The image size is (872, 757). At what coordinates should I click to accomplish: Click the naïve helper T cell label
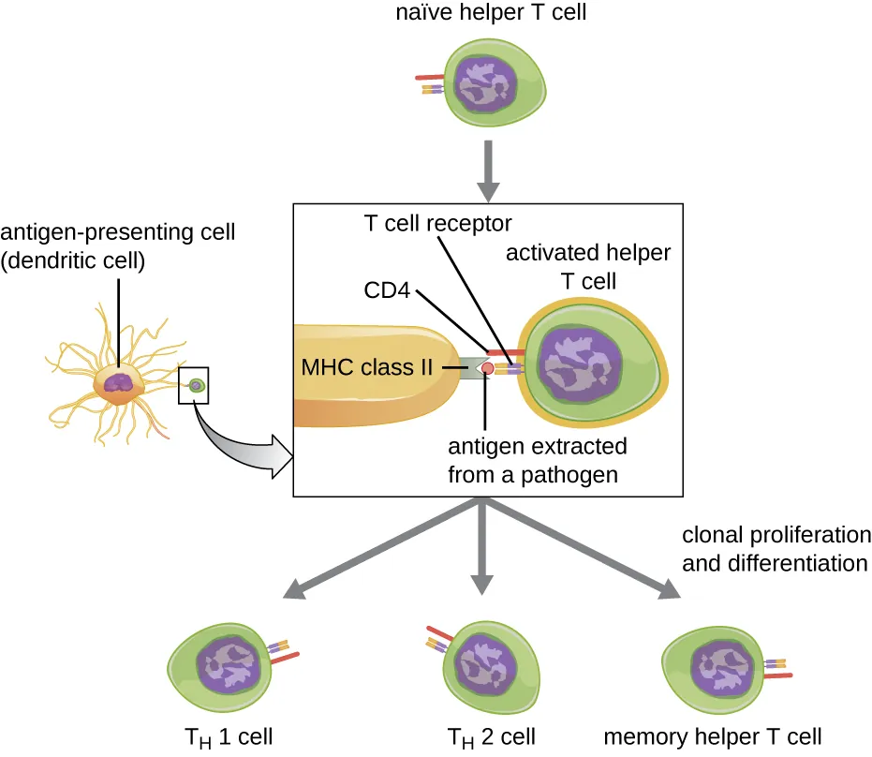(x=483, y=14)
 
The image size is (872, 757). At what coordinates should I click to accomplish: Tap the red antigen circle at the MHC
(x=488, y=369)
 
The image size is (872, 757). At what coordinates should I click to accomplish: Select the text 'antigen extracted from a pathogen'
(x=537, y=460)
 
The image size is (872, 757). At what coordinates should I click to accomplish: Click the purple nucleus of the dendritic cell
(x=121, y=381)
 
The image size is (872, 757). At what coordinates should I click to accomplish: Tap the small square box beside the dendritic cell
(x=194, y=385)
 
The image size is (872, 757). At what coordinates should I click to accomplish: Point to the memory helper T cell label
(x=714, y=735)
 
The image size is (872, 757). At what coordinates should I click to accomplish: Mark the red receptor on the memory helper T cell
(x=777, y=675)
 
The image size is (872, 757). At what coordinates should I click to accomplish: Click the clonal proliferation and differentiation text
(x=776, y=549)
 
